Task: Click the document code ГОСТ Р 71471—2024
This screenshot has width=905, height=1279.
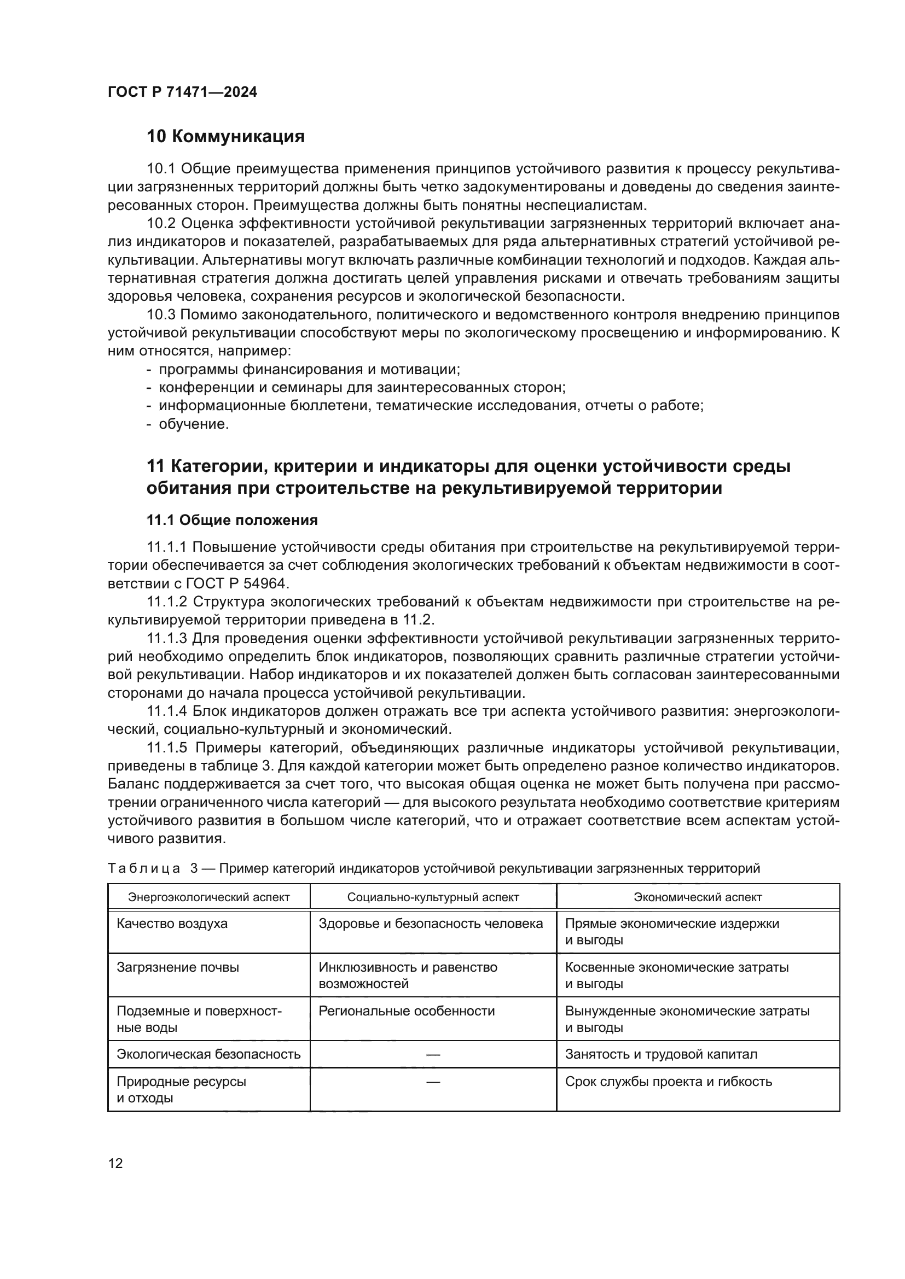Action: pos(182,92)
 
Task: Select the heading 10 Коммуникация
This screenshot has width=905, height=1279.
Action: pos(225,137)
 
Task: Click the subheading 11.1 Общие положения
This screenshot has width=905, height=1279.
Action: pos(232,520)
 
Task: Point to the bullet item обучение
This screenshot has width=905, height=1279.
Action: pos(194,424)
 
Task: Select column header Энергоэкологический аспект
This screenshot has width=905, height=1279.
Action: pos(209,897)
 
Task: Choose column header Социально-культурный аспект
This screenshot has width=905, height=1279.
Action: pos(433,897)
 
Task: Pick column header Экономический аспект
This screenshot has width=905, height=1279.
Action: pos(698,897)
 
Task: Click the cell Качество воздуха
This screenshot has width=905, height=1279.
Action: pos(172,924)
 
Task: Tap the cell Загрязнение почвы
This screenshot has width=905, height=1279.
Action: pos(178,967)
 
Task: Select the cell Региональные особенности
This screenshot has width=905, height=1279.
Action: pos(407,1011)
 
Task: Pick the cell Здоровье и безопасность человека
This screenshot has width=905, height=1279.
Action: pos(431,924)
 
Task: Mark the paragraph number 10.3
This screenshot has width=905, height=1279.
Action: pos(161,316)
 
